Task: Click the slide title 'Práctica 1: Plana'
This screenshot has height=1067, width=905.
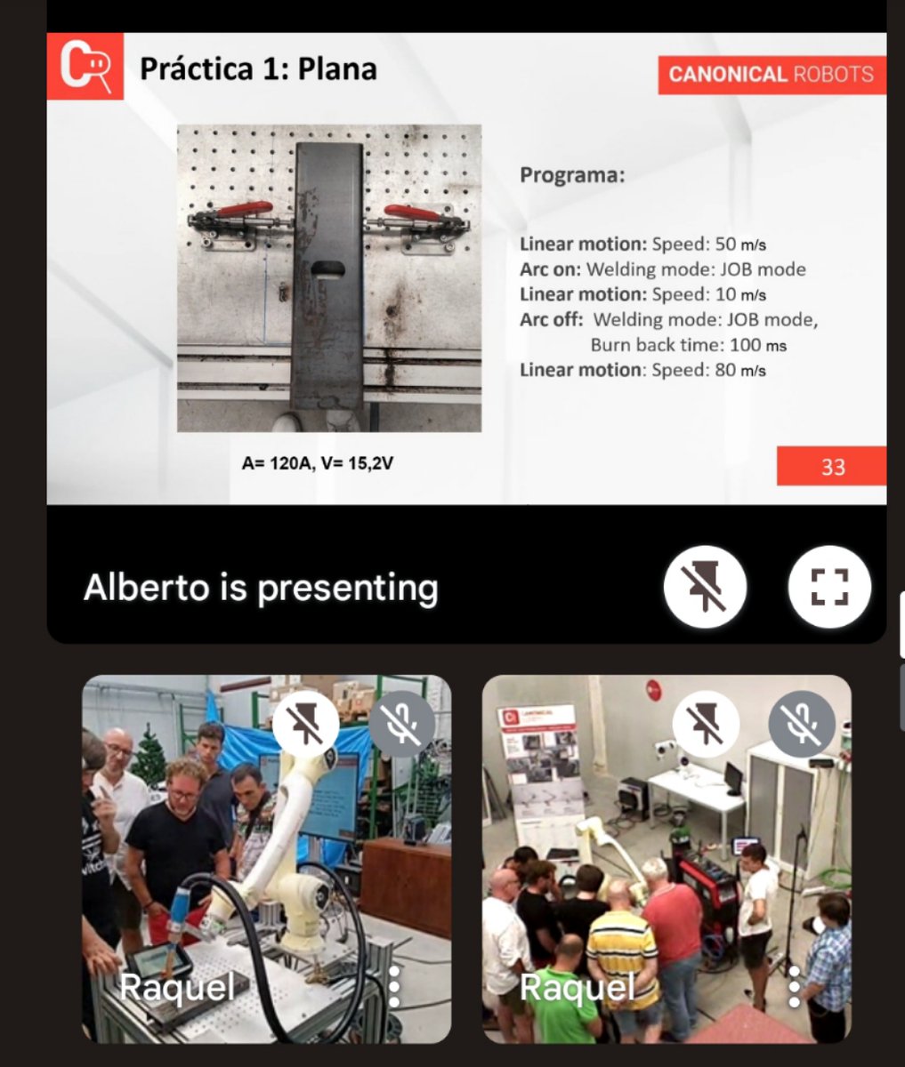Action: pyautogui.click(x=258, y=69)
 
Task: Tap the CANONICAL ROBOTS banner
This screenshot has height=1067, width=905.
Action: pyautogui.click(x=772, y=75)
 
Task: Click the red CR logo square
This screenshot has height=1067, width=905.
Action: pyautogui.click(x=85, y=66)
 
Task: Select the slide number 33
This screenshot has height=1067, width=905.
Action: pyautogui.click(x=832, y=467)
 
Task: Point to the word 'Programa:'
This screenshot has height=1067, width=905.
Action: pyautogui.click(x=572, y=175)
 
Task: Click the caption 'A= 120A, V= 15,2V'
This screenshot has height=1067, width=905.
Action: pyautogui.click(x=317, y=463)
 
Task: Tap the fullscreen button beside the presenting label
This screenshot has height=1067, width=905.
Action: pyautogui.click(x=829, y=587)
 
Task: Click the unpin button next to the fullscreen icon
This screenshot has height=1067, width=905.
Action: pyautogui.click(x=705, y=587)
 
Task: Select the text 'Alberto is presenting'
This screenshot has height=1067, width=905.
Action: pyautogui.click(x=261, y=589)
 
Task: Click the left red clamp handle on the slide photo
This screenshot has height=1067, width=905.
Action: pyautogui.click(x=244, y=209)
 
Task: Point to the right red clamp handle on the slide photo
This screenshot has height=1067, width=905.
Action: pyautogui.click(x=411, y=211)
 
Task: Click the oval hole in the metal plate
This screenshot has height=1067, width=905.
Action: pyautogui.click(x=327, y=269)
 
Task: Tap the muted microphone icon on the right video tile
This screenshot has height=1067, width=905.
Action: pyautogui.click(x=802, y=724)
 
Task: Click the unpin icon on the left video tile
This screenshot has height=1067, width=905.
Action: pyautogui.click(x=306, y=724)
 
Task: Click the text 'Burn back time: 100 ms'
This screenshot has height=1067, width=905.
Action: pyautogui.click(x=689, y=345)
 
